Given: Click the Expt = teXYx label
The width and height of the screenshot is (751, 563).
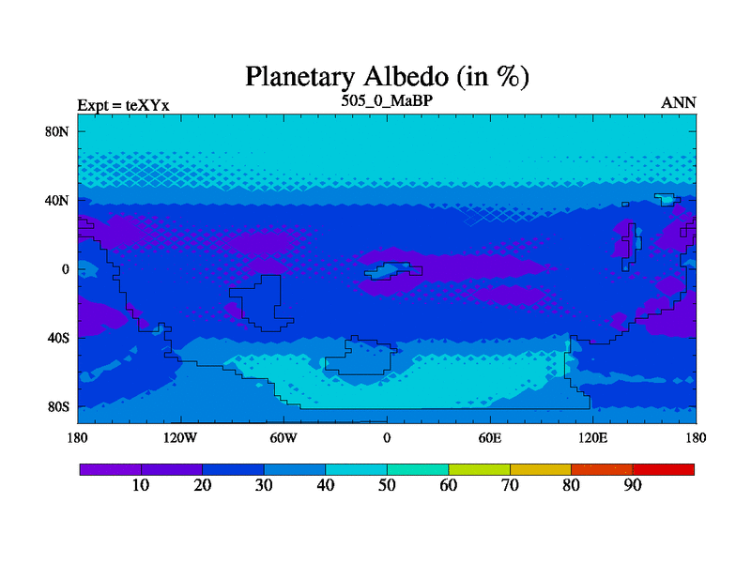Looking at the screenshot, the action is tap(124, 105).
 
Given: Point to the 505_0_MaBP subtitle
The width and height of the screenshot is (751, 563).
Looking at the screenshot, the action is tap(387, 100).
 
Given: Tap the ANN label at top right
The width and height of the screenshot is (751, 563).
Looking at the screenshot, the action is tap(679, 103).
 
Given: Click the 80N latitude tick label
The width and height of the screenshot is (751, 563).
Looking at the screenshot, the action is tap(57, 131).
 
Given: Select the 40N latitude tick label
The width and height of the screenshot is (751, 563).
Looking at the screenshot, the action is tap(57, 200).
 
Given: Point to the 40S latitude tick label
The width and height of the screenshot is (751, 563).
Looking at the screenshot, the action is tap(58, 338).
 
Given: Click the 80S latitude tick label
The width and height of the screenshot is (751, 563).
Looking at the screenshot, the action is tap(58, 407).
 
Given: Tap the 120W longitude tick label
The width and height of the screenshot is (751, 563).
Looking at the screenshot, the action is tap(180, 437).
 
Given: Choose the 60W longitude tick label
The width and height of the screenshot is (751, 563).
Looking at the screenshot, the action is tap(284, 437).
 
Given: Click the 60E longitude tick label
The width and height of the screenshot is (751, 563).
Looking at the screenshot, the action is tap(490, 437).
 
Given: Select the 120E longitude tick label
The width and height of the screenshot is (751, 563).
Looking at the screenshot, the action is tap(593, 437).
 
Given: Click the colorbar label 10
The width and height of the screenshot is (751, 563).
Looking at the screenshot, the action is tap(141, 485).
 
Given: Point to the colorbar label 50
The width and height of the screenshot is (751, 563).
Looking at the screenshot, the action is tap(387, 485).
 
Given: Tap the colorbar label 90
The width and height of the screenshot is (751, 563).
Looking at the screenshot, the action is tap(633, 485).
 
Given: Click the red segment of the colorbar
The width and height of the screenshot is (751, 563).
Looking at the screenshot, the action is tap(664, 470).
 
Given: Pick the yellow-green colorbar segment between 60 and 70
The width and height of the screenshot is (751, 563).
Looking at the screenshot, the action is tap(480, 470).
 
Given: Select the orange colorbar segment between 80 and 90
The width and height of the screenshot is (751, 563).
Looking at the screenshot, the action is tap(602, 470).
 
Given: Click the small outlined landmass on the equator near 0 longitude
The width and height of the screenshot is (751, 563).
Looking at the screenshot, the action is tap(393, 271).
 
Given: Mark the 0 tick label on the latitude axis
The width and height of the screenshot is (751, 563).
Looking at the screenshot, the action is tap(65, 269).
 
